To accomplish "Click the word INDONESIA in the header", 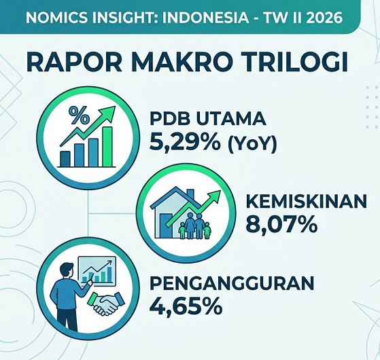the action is point(205,18).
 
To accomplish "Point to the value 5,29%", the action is point(185,142).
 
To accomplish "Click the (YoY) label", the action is point(252,143).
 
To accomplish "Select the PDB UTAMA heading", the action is point(208,118).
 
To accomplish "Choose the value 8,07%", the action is point(281,224).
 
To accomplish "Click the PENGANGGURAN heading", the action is point(232,283).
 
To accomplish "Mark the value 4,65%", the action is point(186,306).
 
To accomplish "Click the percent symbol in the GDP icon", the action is point(79,115).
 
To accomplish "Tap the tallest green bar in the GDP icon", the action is point(107,147).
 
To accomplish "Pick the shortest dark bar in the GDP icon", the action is point(65,159).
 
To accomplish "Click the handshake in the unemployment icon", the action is point(107,304).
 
